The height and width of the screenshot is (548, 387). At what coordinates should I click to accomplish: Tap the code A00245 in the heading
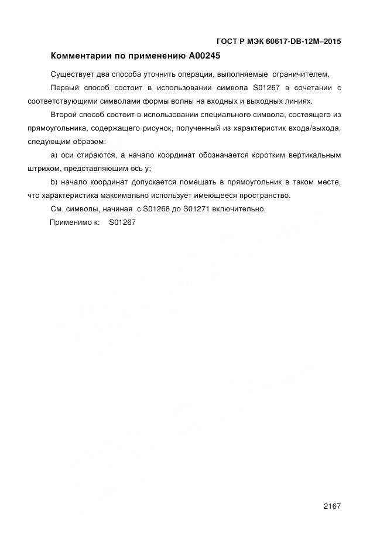[206, 57]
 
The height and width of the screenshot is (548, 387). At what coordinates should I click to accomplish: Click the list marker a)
[54, 155]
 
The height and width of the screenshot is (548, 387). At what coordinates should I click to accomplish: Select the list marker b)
[54, 182]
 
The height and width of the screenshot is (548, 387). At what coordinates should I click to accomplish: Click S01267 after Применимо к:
[122, 222]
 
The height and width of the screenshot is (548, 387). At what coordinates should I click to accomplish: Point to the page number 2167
[331, 506]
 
